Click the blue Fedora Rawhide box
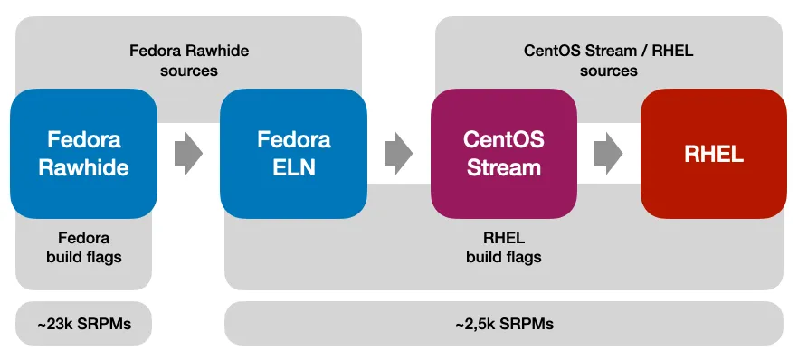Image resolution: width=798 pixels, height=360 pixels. pos(83,154)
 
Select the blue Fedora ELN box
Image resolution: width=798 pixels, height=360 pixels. pos(293,154)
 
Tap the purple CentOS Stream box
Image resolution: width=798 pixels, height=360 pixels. pos(503,154)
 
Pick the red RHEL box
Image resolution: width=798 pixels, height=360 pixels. pos(713,154)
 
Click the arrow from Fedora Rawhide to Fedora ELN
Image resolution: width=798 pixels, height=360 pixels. pos(188,154)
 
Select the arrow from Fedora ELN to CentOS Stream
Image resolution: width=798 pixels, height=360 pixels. pos(398,154)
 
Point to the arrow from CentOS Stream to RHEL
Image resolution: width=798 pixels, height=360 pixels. pos(608,154)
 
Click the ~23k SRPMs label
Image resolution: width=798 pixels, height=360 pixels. pos(83,323)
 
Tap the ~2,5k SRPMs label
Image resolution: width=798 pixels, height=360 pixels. pos(503,323)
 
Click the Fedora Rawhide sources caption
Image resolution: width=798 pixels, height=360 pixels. pos(188,60)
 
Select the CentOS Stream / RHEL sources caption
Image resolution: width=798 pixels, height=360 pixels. pos(608,60)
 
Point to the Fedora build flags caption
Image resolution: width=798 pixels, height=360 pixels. pos(83,247)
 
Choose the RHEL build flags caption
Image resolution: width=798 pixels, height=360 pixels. pos(503,247)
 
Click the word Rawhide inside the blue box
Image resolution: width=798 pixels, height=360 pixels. pos(83,167)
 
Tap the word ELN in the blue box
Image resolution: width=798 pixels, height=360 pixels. pos(293,167)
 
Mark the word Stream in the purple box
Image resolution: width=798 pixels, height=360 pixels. pos(503,167)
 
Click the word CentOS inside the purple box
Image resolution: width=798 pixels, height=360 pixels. pos(503,140)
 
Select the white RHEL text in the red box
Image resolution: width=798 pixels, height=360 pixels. pos(713,155)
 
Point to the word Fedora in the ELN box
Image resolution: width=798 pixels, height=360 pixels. pos(293,140)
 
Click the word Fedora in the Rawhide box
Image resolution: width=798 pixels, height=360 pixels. pos(83,140)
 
